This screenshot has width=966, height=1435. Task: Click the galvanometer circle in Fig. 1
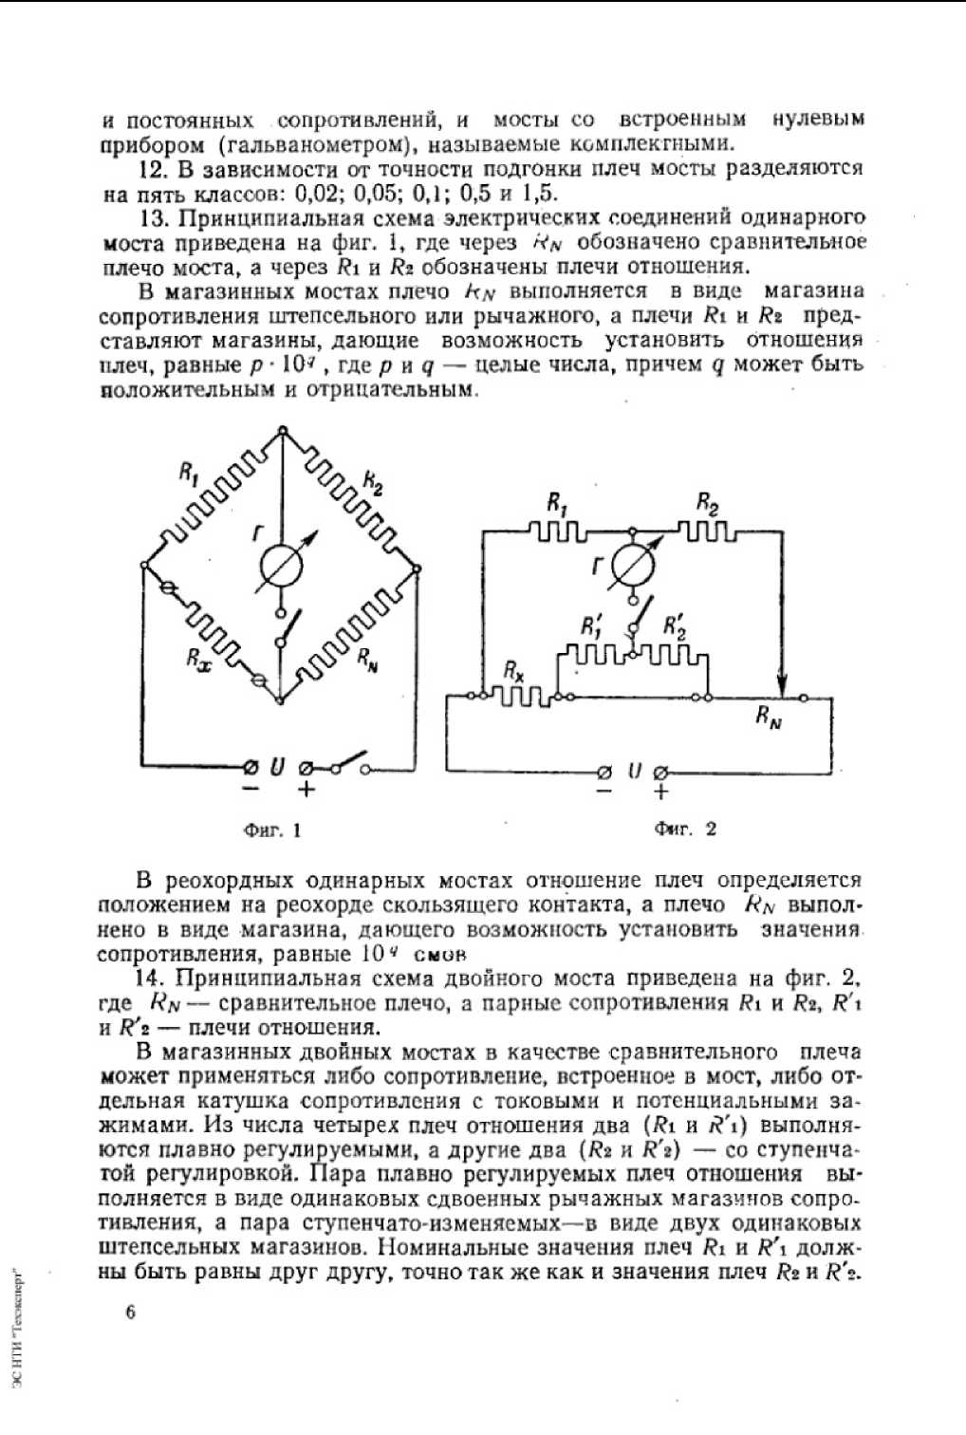(282, 567)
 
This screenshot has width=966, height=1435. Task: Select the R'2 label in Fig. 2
(675, 625)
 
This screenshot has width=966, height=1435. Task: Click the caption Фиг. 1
(272, 830)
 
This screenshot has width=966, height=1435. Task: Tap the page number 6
(130, 1313)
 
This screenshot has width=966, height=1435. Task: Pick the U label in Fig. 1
(277, 766)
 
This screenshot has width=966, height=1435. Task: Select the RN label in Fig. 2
(769, 717)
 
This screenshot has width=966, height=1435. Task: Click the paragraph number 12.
(153, 170)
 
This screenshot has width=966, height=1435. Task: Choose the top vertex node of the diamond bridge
(282, 430)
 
